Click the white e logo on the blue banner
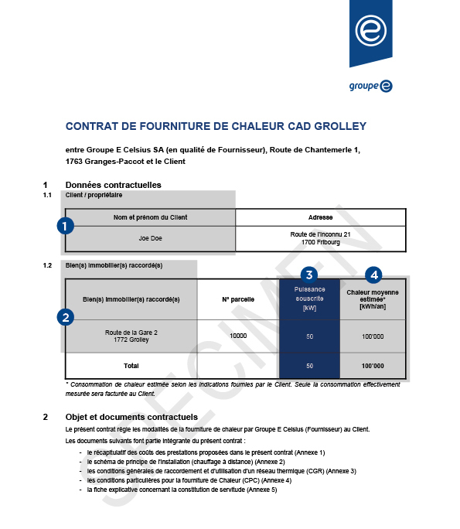point(370,30)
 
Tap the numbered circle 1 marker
point(66,226)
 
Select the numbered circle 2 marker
point(66,316)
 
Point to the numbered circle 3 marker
point(309,275)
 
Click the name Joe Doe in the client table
point(151,238)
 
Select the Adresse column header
point(320,217)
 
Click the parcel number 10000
point(238,336)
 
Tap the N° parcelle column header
point(238,299)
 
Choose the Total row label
point(131,365)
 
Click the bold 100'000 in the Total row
point(373,365)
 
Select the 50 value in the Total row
point(309,365)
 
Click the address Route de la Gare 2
point(131,332)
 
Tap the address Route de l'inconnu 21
point(320,234)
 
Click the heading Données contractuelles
point(113,185)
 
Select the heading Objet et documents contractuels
point(132,417)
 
